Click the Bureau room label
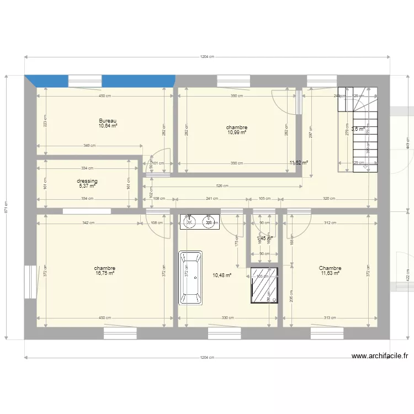(108, 121)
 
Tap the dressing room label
(87, 181)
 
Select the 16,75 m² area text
(104, 273)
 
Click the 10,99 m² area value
(236, 132)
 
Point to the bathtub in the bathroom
(190, 278)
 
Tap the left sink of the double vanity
(189, 222)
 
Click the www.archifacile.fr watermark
(379, 357)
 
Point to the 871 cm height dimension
(6, 207)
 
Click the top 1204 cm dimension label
(207, 57)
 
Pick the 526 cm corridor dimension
(223, 186)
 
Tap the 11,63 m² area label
(330, 273)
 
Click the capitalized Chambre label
(330, 268)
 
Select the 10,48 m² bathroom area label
(222, 275)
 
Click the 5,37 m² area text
(87, 186)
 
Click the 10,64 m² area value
(108, 126)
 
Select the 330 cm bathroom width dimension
(227, 318)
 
